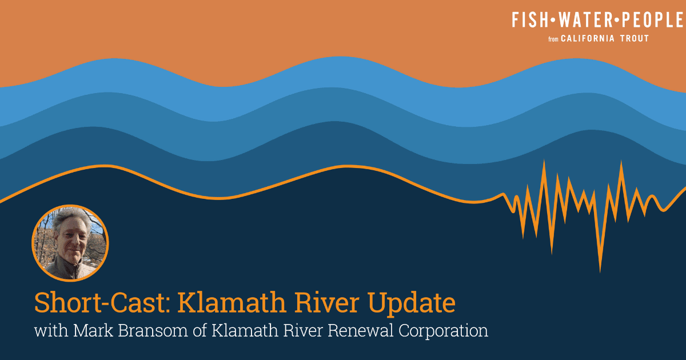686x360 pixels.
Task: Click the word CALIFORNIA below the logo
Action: point(588,39)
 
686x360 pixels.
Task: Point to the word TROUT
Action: point(634,39)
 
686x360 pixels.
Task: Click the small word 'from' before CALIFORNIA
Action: point(553,39)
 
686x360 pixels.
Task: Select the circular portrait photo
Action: point(70,243)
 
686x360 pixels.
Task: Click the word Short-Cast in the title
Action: point(102,303)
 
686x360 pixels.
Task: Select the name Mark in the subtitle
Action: point(93,331)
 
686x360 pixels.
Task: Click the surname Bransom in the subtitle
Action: point(153,331)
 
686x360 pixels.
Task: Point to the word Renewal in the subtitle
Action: point(360,331)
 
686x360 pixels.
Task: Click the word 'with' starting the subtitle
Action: point(51,331)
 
